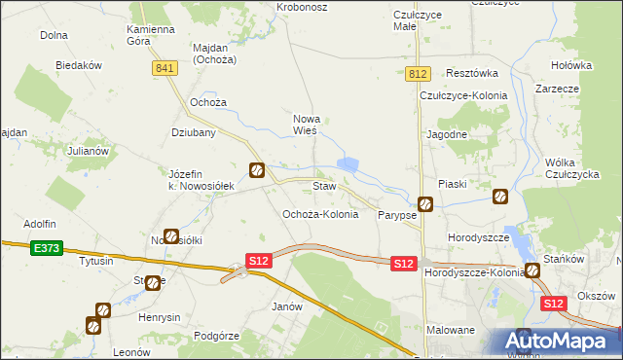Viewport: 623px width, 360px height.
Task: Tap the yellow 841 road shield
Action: click(165, 67)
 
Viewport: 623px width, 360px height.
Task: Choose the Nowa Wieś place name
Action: click(308, 124)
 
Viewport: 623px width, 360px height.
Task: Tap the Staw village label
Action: click(324, 185)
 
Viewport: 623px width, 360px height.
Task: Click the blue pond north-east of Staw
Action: click(348, 165)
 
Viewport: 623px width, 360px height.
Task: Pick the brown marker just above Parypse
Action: click(425, 204)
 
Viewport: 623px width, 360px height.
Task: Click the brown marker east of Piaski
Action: click(500, 196)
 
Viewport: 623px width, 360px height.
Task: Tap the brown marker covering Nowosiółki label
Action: click(171, 235)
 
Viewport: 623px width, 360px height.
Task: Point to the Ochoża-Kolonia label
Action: click(320, 214)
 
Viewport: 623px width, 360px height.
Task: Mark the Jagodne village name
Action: click(447, 134)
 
